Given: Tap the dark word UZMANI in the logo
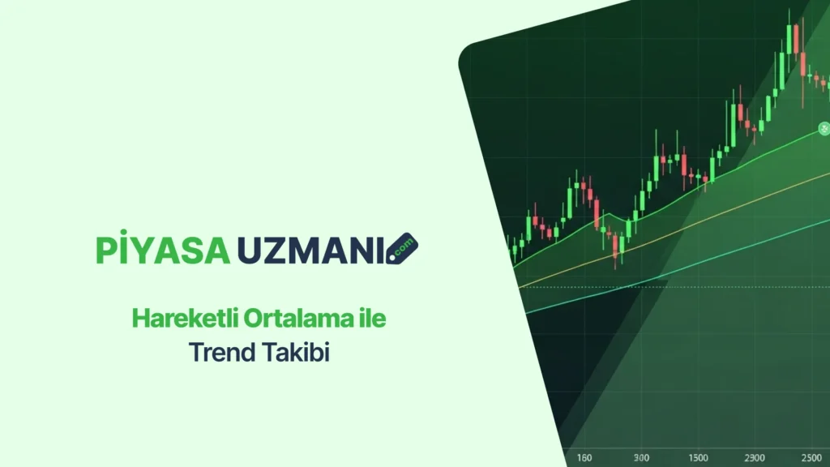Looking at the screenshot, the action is click(x=311, y=251).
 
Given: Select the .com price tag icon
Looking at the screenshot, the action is click(x=402, y=248).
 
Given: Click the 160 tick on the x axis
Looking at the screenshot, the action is click(x=584, y=457).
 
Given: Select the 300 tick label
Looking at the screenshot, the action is click(x=641, y=457).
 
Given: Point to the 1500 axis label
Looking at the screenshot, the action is click(x=698, y=457).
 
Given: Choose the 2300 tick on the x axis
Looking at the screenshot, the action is click(x=755, y=457).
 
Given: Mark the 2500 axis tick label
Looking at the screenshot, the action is click(x=811, y=457).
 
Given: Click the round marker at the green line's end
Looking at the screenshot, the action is click(x=824, y=128).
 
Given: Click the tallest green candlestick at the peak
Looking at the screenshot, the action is click(x=789, y=38).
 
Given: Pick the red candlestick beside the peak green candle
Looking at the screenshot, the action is click(x=796, y=38).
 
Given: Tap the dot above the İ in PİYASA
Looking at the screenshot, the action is click(x=123, y=232).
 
